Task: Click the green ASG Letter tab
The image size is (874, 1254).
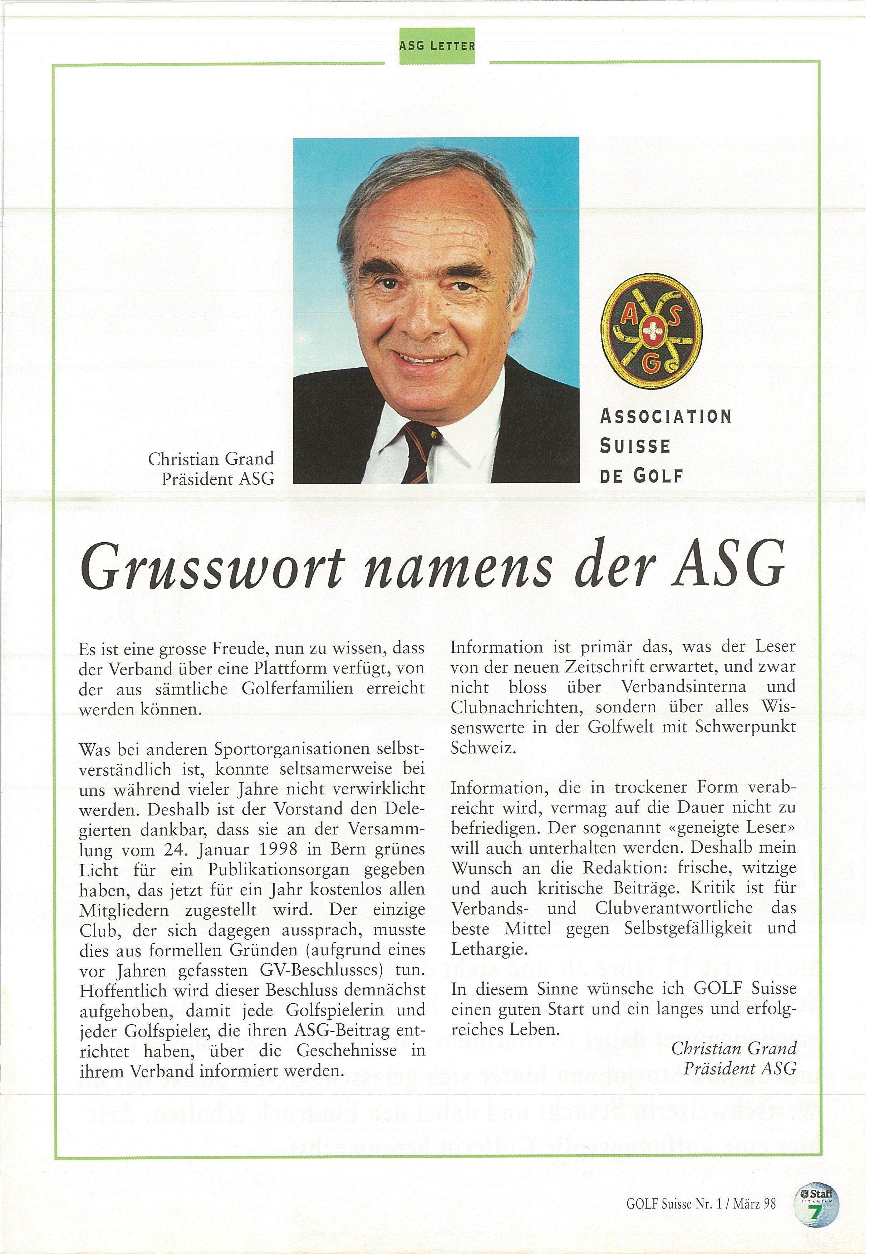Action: click(437, 46)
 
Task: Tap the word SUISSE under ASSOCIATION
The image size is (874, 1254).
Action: click(635, 446)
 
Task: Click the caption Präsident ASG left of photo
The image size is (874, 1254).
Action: click(217, 479)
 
